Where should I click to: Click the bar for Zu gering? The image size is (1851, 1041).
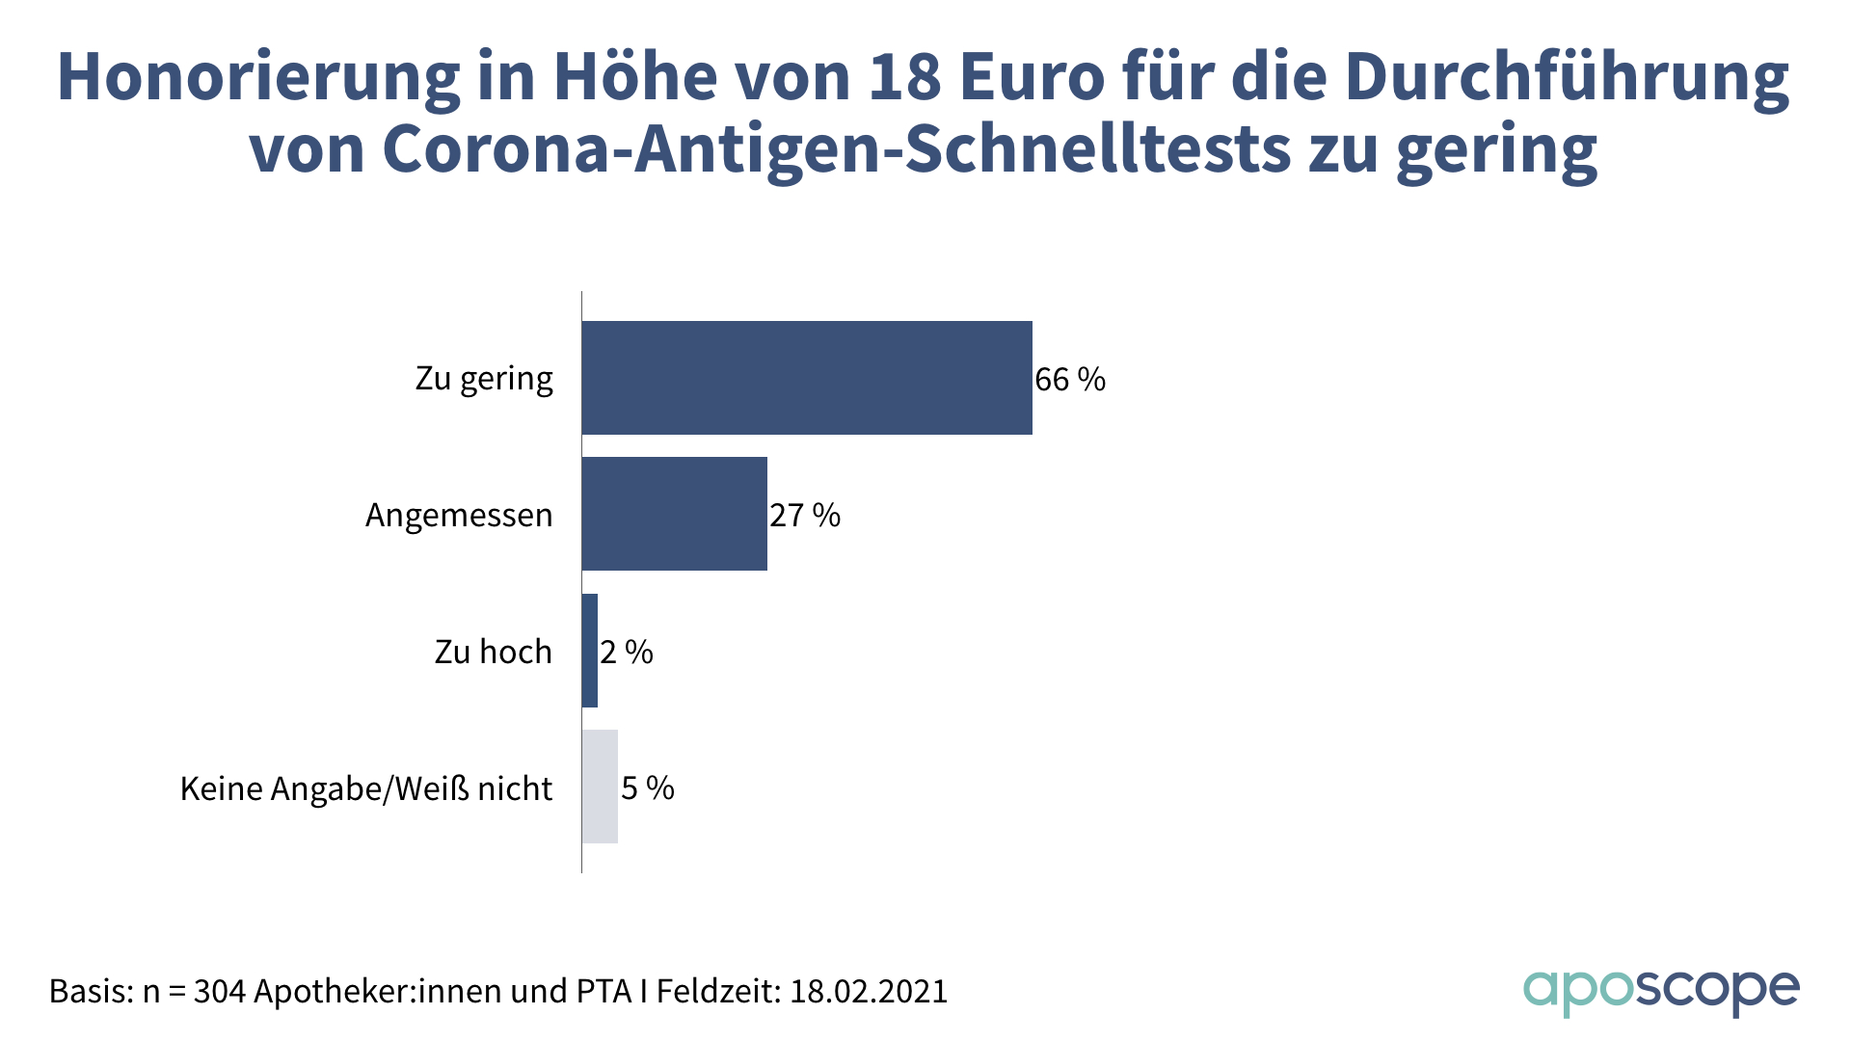tap(807, 378)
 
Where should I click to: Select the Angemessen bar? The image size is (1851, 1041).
tap(675, 514)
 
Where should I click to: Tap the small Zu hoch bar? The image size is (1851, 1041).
tap(590, 651)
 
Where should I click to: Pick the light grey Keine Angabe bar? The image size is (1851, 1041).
tap(600, 787)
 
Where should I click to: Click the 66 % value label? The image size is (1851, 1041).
tap(1070, 380)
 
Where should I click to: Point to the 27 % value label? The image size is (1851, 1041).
tap(805, 516)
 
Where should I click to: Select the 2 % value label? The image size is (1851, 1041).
tap(627, 653)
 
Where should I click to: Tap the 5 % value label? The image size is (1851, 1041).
tap(648, 788)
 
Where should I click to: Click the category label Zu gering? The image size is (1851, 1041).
tap(484, 379)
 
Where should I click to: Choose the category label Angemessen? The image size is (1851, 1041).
tap(459, 516)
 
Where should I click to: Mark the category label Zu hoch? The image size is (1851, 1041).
tap(494, 653)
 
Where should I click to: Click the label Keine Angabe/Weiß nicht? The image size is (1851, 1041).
tap(366, 789)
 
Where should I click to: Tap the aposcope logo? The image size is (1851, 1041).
tap(1660, 991)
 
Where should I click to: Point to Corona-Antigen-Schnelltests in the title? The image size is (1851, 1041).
tap(837, 150)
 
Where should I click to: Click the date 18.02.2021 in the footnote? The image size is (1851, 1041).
tap(869, 991)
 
